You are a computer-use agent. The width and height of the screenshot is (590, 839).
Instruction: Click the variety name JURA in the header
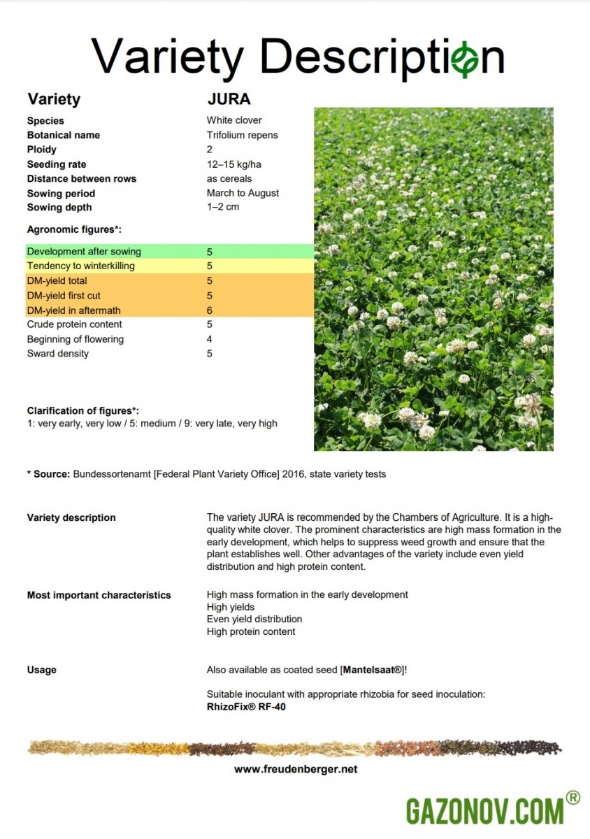[x=229, y=99]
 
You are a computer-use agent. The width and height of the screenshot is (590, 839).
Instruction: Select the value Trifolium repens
[x=242, y=135]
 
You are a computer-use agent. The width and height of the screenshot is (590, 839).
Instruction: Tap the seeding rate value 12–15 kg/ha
[x=234, y=164]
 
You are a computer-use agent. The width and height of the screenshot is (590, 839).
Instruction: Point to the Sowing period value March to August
[x=243, y=193]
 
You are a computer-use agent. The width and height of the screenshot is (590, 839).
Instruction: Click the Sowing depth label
[x=59, y=207]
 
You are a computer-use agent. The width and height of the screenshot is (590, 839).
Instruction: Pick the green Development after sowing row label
[x=84, y=251]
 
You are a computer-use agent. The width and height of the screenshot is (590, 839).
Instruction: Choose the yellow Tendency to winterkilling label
[x=81, y=266]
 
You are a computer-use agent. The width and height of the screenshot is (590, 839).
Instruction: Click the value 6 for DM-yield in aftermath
[x=210, y=310]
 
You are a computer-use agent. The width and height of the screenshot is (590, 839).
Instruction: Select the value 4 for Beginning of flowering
[x=210, y=339]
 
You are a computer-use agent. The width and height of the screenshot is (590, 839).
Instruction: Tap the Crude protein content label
[x=75, y=324]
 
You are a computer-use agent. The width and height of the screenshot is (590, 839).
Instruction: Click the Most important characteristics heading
[x=99, y=595]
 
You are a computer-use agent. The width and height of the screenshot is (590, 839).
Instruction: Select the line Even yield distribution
[x=254, y=619]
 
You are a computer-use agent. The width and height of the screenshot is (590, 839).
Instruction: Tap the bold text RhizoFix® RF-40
[x=246, y=707]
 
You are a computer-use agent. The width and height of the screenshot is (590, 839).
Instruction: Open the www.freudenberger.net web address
[x=296, y=769]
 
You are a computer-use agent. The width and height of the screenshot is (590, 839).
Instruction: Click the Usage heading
[x=42, y=670]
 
